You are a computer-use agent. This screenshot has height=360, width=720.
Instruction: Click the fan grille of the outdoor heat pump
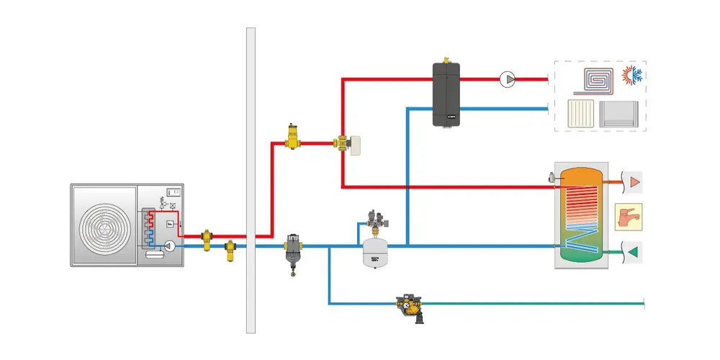104,227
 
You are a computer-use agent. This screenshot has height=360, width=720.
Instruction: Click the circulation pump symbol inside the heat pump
170,246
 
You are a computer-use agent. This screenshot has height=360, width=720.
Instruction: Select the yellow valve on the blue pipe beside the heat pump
230,250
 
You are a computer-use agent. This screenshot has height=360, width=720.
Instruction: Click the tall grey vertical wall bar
251,180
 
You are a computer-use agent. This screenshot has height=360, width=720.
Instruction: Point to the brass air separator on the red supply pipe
292,136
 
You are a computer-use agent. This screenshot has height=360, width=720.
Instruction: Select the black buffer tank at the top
446,94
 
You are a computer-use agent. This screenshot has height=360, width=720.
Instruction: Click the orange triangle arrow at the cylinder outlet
634,181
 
